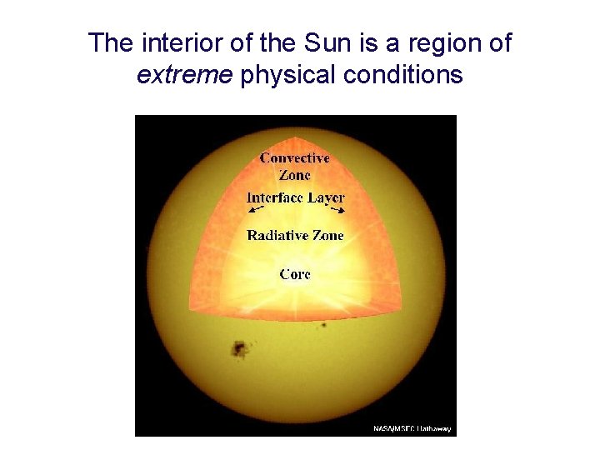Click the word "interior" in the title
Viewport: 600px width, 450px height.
pos(169,43)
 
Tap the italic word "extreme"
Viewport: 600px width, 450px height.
pos(184,76)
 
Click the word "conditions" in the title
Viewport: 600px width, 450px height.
pos(402,76)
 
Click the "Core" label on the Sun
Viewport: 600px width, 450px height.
pos(296,273)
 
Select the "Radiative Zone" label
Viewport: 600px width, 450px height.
pos(295,236)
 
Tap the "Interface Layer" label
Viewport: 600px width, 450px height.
pos(296,198)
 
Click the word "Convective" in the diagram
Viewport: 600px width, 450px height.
pos(295,157)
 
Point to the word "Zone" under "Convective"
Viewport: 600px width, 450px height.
pos(295,175)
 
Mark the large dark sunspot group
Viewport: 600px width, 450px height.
pos(241,348)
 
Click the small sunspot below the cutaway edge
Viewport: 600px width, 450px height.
pos(323,324)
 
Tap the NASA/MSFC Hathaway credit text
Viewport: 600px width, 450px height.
pos(412,428)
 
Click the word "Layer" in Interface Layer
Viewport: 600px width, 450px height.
pos(325,198)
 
